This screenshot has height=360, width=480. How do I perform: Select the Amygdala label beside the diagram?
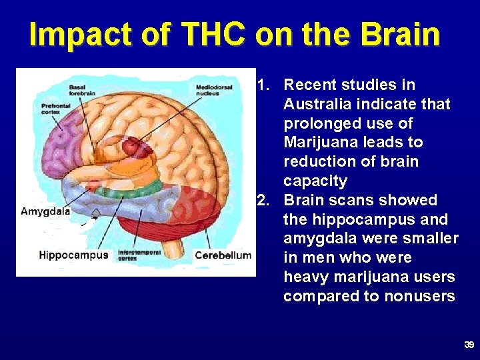45,211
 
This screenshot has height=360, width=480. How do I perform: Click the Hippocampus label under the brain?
73,255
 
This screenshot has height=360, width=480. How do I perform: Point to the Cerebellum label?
223,255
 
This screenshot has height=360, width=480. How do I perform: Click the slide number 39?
469,345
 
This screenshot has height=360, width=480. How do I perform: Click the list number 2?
263,200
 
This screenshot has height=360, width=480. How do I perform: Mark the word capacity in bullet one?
315,181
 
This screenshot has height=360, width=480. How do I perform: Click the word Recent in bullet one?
311,85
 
